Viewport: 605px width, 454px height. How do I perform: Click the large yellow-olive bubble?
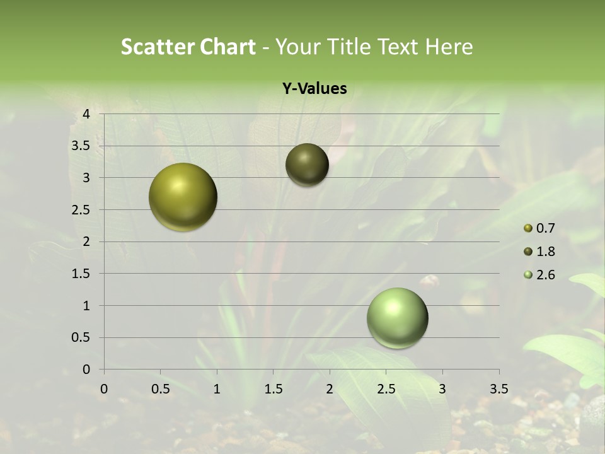[x=183, y=197]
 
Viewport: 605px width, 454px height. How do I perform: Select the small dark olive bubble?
[x=307, y=165]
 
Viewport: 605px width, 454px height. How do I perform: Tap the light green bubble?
[x=397, y=318]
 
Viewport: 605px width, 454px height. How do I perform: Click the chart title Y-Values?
[x=314, y=89]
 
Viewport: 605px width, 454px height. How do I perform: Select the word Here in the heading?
[x=448, y=47]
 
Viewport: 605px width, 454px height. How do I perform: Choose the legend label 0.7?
[x=544, y=228]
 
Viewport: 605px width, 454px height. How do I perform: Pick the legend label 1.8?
[x=544, y=252]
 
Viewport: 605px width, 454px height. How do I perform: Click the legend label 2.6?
[x=544, y=275]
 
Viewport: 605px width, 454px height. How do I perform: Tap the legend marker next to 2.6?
[x=528, y=275]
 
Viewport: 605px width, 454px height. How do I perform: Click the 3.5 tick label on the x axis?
[x=498, y=389]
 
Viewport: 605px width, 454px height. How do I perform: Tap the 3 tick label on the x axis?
[x=442, y=389]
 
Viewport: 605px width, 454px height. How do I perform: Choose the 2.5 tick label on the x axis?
[x=386, y=389]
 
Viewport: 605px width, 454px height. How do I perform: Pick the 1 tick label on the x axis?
[x=217, y=389]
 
